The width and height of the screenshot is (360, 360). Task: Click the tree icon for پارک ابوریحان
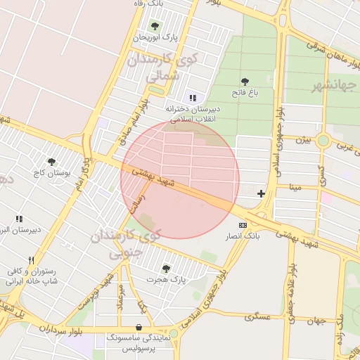(154, 26)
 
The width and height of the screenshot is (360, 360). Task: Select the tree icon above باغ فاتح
(245, 82)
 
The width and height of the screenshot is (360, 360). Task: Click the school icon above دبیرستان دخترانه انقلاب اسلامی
(193, 98)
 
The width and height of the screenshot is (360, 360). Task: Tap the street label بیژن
(302, 139)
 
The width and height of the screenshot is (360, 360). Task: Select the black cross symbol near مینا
(262, 193)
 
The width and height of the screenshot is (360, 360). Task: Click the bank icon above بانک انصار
(243, 224)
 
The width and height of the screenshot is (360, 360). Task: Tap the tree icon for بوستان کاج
(51, 162)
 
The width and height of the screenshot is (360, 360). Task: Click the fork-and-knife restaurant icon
(30, 260)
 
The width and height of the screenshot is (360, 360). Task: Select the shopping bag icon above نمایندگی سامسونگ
(139, 327)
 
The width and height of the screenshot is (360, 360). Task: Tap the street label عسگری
(257, 317)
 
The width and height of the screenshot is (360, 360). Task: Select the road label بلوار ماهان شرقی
(330, 53)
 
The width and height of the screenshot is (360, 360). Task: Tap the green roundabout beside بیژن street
(323, 140)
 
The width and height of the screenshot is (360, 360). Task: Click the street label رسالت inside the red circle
(138, 202)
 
